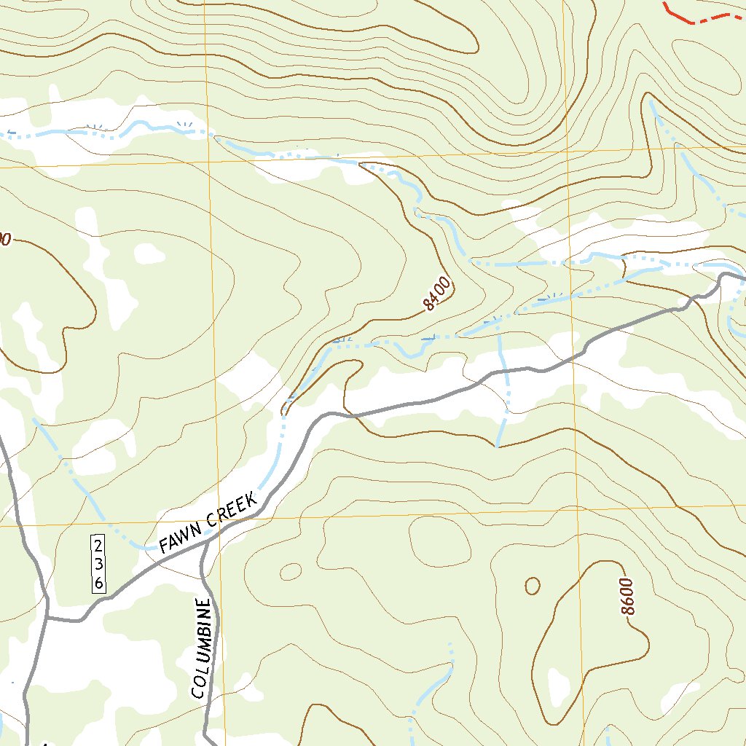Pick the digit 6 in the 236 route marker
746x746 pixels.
pyautogui.click(x=98, y=582)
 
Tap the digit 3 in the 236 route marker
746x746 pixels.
pyautogui.click(x=98, y=565)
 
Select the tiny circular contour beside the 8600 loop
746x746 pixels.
pyautogui.click(x=533, y=585)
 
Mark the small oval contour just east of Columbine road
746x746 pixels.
pyautogui.click(x=291, y=572)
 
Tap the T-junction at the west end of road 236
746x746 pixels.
pyautogui.click(x=47, y=618)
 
